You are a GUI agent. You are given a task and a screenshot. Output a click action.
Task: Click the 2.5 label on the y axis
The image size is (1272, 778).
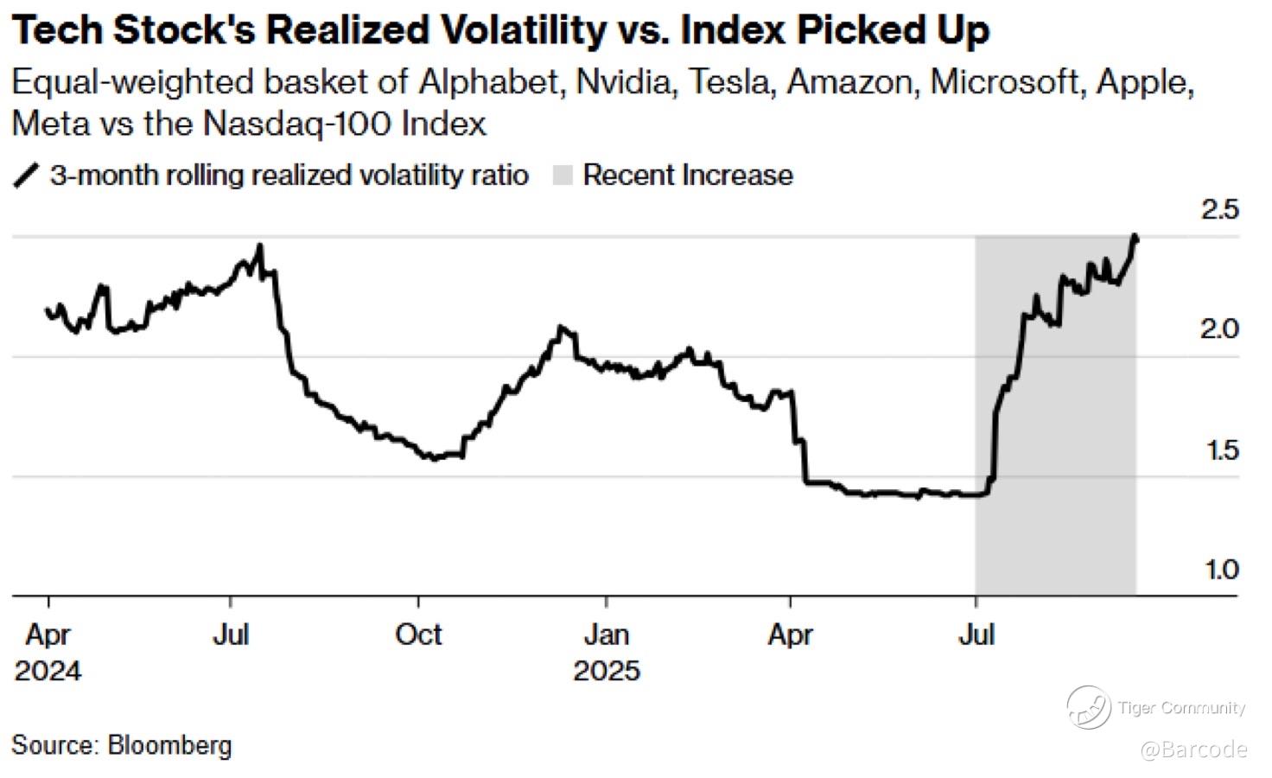click(x=1219, y=209)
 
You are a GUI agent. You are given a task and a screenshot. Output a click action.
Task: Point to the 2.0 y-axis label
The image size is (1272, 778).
click(x=1219, y=329)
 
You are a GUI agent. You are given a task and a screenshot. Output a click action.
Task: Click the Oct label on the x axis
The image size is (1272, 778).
click(x=418, y=635)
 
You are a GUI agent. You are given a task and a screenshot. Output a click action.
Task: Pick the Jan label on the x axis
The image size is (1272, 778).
click(x=606, y=635)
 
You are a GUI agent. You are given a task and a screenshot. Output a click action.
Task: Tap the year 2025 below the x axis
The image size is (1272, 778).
click(x=607, y=671)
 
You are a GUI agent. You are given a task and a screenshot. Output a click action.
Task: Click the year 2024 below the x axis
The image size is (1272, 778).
click(x=48, y=671)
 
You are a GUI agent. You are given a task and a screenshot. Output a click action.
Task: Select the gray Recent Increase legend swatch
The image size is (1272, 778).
click(x=563, y=175)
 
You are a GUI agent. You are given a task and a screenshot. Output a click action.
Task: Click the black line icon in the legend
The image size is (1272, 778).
click(x=27, y=175)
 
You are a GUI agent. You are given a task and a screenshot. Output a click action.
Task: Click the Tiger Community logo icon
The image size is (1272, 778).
click(x=1088, y=707)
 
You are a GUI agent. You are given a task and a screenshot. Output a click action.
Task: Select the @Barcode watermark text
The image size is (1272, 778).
click(x=1193, y=749)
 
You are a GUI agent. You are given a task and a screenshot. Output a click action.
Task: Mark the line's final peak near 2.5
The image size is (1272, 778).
click(x=1135, y=236)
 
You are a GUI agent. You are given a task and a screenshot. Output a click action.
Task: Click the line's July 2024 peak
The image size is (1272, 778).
click(x=260, y=246)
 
